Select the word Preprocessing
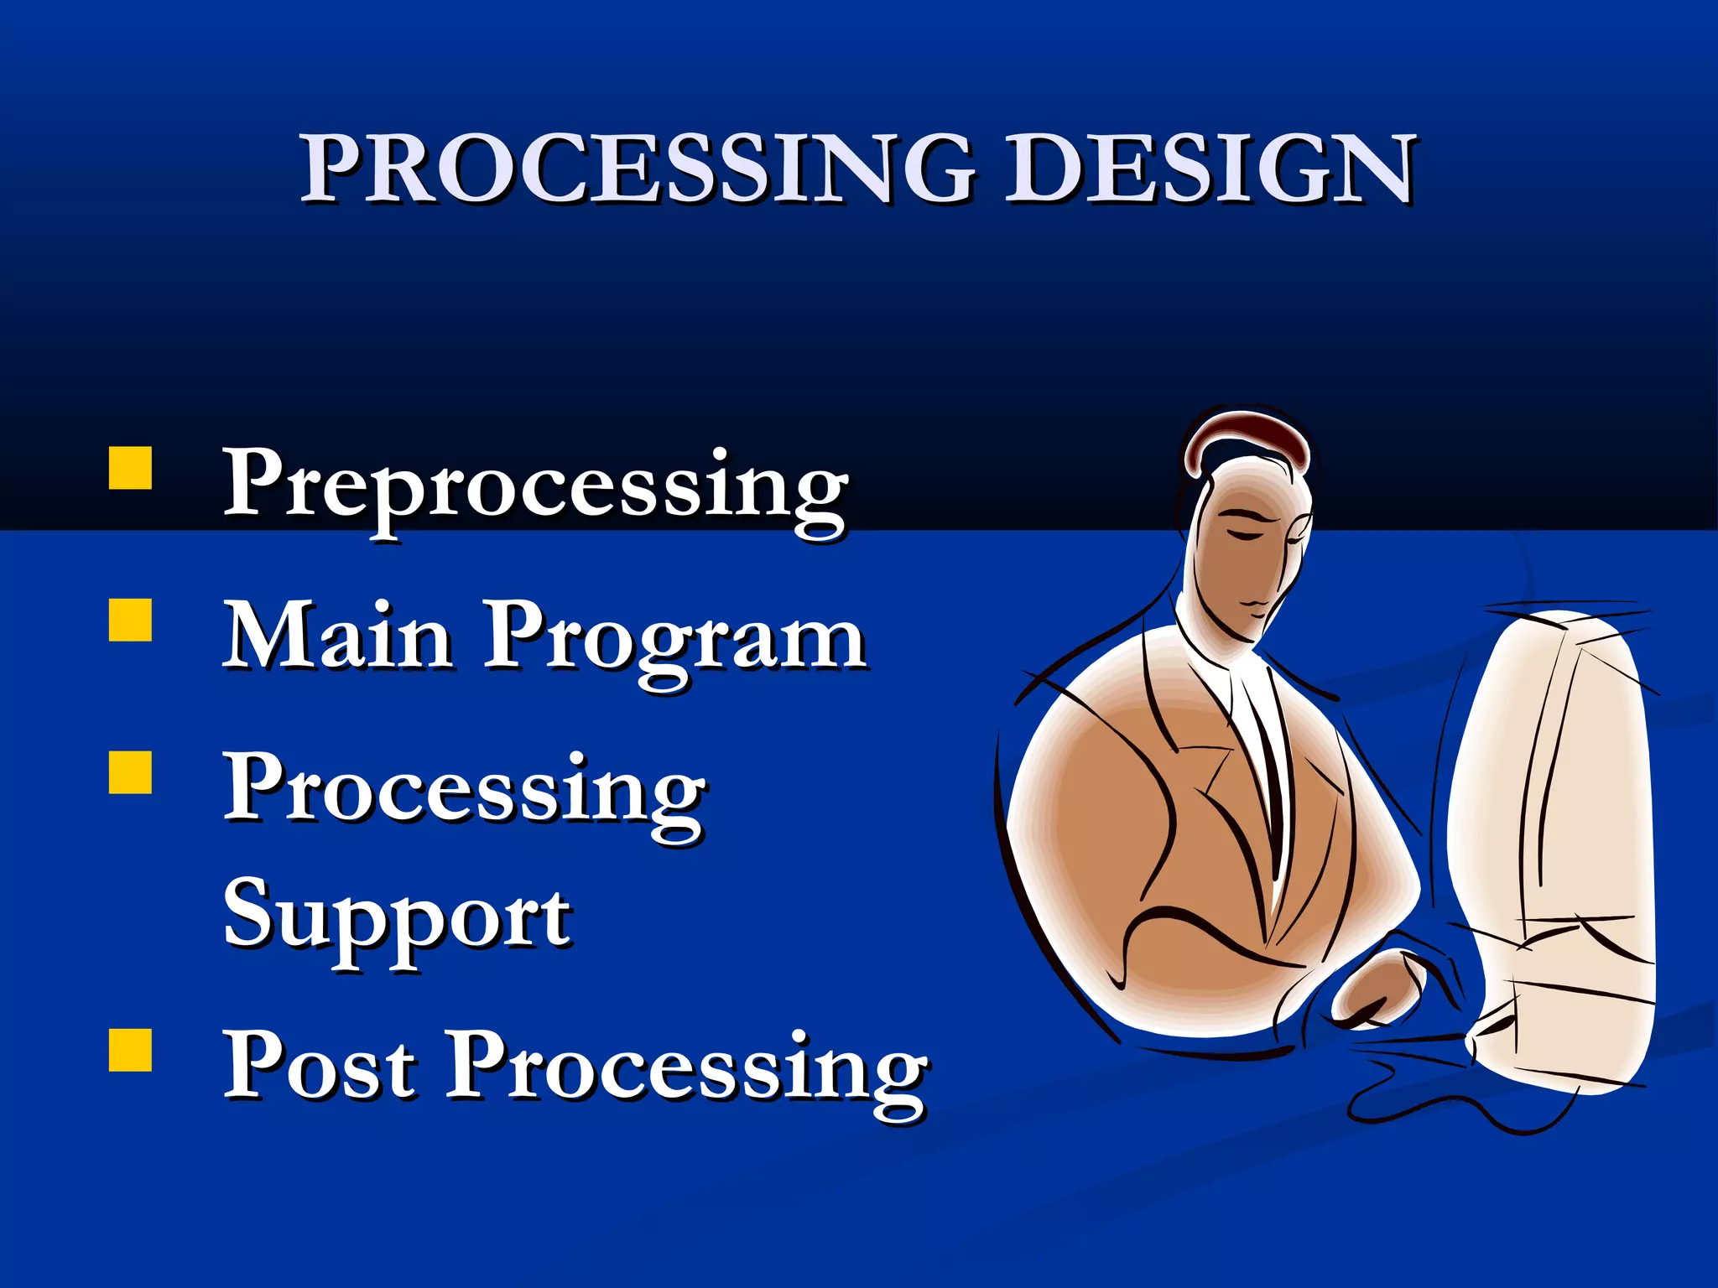[x=535, y=486]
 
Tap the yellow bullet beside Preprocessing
[x=130, y=468]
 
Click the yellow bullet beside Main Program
[x=130, y=620]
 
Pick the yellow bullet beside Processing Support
[x=130, y=771]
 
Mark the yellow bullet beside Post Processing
[x=130, y=1051]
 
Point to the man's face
[x=1250, y=553]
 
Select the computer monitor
[x=1552, y=839]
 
